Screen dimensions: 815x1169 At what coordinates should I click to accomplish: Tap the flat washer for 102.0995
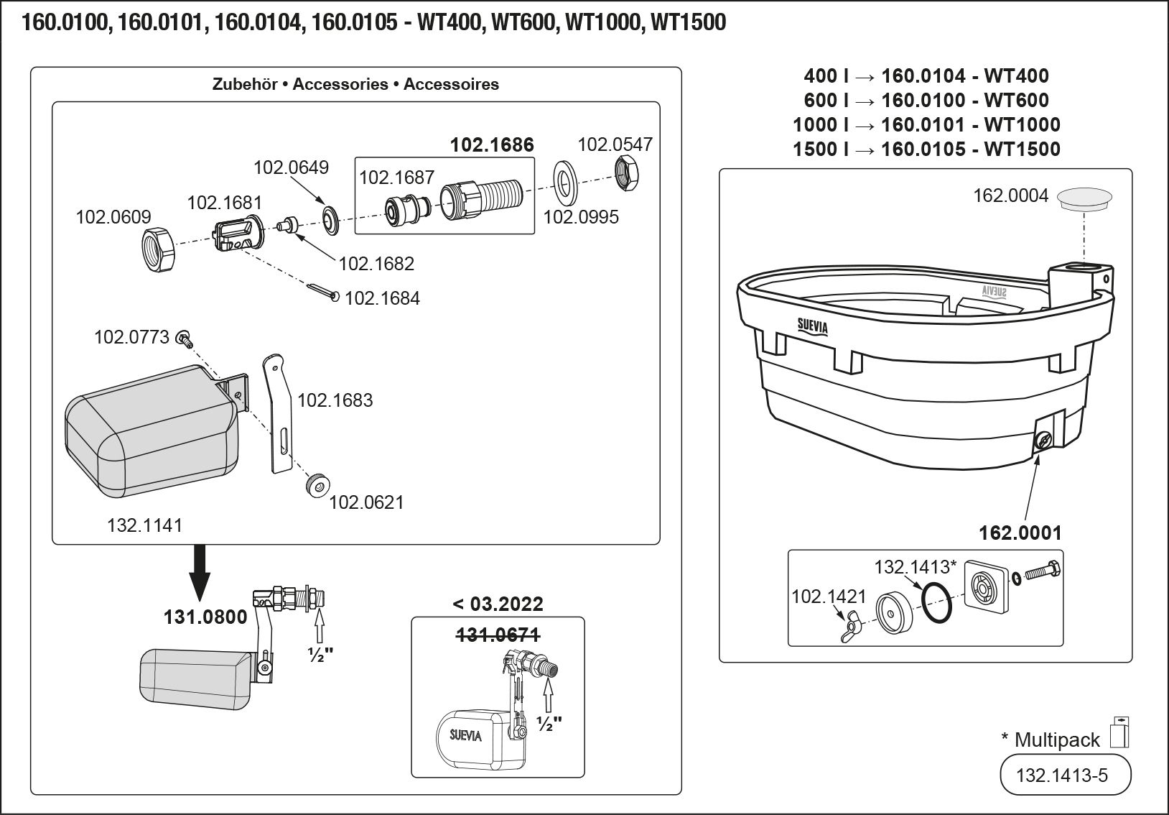pyautogui.click(x=565, y=183)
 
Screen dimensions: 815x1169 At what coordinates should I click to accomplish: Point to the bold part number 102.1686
pyautogui.click(x=492, y=145)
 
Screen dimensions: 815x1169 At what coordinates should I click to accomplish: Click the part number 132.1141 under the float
pyautogui.click(x=144, y=525)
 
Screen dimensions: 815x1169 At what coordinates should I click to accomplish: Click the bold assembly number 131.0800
pyautogui.click(x=205, y=617)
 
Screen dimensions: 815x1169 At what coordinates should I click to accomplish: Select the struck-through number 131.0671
pyautogui.click(x=498, y=635)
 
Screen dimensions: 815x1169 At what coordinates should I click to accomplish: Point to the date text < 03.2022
pyautogui.click(x=498, y=604)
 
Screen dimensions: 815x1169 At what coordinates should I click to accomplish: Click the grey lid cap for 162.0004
pyautogui.click(x=1085, y=198)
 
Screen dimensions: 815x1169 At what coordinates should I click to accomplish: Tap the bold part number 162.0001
pyautogui.click(x=1020, y=533)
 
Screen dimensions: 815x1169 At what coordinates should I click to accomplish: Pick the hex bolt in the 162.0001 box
pyautogui.click(x=1043, y=573)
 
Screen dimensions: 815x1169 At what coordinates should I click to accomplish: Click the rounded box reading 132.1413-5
pyautogui.click(x=1065, y=775)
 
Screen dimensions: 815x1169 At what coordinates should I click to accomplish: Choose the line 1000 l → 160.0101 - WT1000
pyautogui.click(x=926, y=124)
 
